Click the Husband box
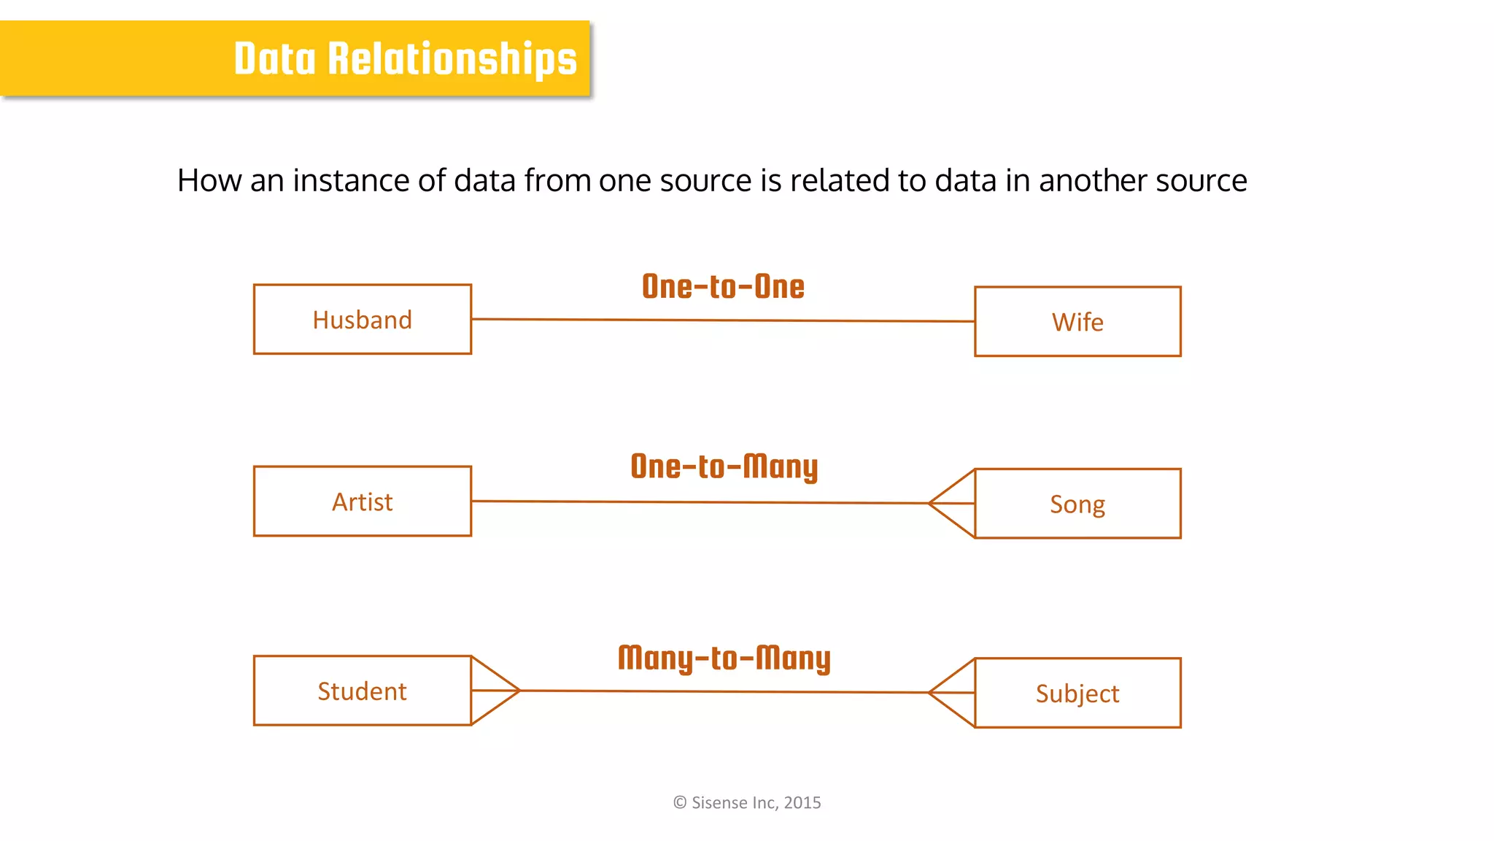tap(363, 320)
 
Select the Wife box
tap(1077, 322)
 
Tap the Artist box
tap(363, 502)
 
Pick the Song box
tap(1077, 504)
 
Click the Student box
tap(363, 691)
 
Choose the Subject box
tap(1077, 693)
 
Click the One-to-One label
tap(723, 286)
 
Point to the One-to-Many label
tap(724, 467)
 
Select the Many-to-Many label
tap(724, 658)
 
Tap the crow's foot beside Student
tap(494, 690)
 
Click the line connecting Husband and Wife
tap(722, 320)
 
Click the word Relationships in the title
tap(452, 59)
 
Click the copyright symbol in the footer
tap(680, 802)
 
